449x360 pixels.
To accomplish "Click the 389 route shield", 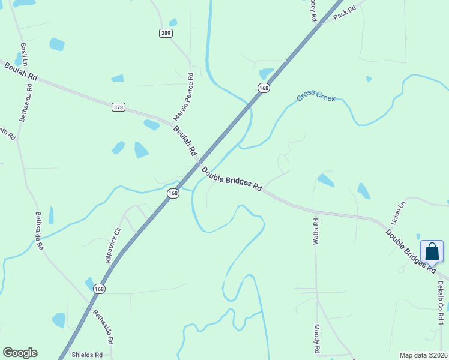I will coord(166,33).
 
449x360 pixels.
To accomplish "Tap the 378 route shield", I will coord(118,107).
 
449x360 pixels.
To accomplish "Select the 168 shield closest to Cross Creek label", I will coord(264,88).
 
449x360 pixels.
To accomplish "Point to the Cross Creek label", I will coord(316,97).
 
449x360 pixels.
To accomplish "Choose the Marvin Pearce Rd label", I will coord(184,96).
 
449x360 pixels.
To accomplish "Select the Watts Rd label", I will coord(316,231).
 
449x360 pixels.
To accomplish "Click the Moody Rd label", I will coord(317,339).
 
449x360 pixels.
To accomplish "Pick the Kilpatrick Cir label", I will coord(113,244).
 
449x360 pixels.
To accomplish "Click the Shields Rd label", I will coord(87,355).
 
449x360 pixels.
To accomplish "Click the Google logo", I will coord(20,353).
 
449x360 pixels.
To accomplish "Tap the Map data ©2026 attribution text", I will coord(423,355).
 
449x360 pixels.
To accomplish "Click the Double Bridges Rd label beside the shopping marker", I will coord(411,251).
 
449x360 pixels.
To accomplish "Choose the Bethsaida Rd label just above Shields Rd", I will coord(103,326).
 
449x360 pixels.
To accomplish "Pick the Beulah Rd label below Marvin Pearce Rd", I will coord(185,141).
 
